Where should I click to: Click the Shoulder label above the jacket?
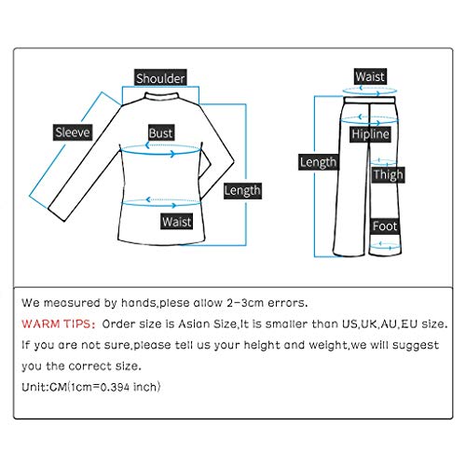tap(160, 78)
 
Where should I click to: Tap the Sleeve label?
tap(71, 132)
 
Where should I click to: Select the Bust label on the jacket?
tap(161, 133)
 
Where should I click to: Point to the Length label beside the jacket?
tap(242, 190)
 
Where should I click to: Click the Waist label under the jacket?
tap(176, 222)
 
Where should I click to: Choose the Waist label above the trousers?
tap(371, 75)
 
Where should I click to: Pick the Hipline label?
tap(369, 136)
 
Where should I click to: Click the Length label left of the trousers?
tap(318, 162)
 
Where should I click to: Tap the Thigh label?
tap(387, 174)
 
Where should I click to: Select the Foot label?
tap(385, 226)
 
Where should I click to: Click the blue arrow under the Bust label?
tap(159, 154)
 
